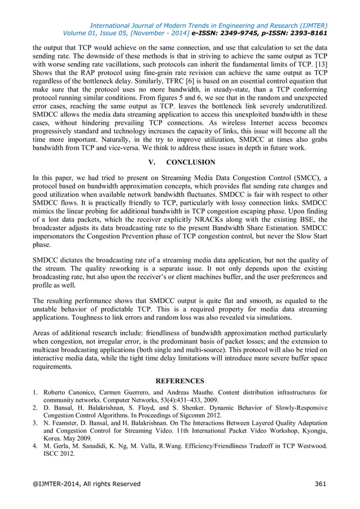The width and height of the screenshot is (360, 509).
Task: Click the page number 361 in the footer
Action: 320,483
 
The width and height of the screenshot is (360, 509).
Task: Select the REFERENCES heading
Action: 180,381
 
